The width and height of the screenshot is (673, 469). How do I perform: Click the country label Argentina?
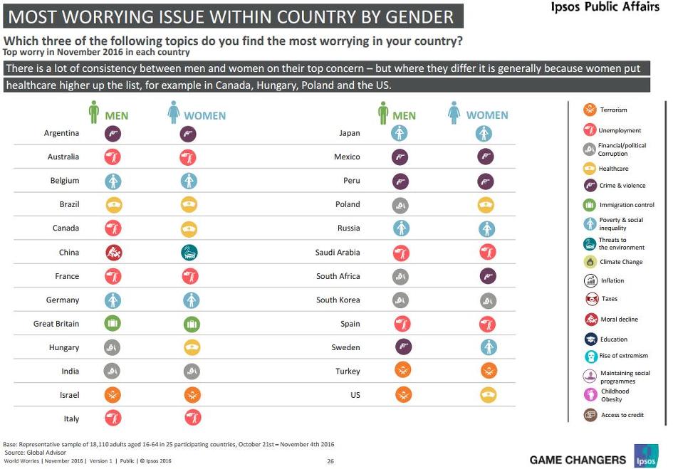pyautogui.click(x=61, y=133)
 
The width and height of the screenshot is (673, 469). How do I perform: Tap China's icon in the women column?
pyautogui.click(x=189, y=253)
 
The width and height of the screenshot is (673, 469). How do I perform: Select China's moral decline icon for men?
pyautogui.click(x=114, y=253)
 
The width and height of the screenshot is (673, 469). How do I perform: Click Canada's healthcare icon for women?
pyautogui.click(x=189, y=229)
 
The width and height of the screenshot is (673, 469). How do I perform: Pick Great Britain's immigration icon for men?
pyautogui.click(x=113, y=322)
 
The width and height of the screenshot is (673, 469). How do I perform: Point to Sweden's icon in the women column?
pyautogui.click(x=489, y=347)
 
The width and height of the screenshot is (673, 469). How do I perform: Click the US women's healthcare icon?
pyautogui.click(x=488, y=395)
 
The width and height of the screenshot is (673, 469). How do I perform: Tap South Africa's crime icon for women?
pyautogui.click(x=488, y=276)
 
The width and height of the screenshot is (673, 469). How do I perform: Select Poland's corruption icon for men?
pyautogui.click(x=400, y=206)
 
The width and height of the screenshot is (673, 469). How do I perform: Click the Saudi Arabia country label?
pyautogui.click(x=338, y=253)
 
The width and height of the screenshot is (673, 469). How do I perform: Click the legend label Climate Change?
pyautogui.click(x=621, y=262)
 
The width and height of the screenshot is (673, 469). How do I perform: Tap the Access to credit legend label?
pyautogui.click(x=622, y=415)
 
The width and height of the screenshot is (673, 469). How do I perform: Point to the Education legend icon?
pyautogui.click(x=591, y=339)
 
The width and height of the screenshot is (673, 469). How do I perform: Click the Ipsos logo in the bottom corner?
pyautogui.click(x=646, y=455)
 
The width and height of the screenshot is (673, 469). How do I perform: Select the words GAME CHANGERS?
pyautogui.click(x=578, y=460)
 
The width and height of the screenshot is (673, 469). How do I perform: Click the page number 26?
pyautogui.click(x=330, y=461)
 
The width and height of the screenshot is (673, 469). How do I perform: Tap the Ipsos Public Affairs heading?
pyautogui.click(x=605, y=6)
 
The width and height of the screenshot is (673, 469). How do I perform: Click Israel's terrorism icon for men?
pyautogui.click(x=113, y=395)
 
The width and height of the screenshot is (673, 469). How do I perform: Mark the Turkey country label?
pyautogui.click(x=348, y=371)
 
